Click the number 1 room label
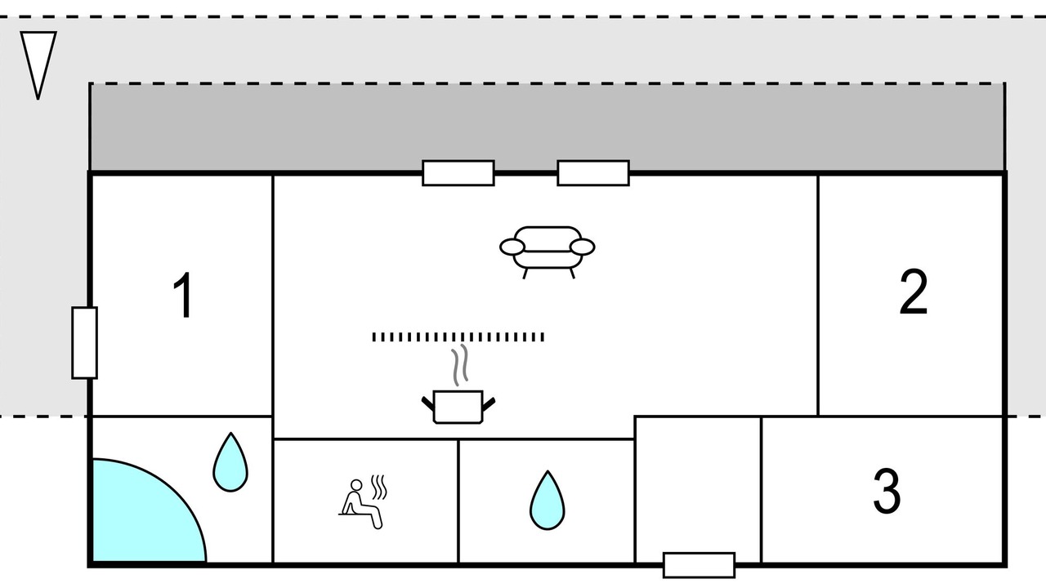tap(185, 296)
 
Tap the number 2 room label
tap(913, 293)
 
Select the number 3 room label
tap(887, 491)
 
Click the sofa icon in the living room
tap(547, 247)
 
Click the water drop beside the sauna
tap(547, 500)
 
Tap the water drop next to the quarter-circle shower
tap(230, 462)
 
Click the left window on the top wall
tap(458, 173)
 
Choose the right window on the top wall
tap(593, 173)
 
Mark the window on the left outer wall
tap(84, 343)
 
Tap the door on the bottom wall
tap(699, 565)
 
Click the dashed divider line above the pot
tap(458, 336)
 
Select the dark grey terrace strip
tap(546, 127)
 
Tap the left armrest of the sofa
tap(512, 246)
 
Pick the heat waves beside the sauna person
tap(379, 488)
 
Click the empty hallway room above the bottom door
tap(698, 486)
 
